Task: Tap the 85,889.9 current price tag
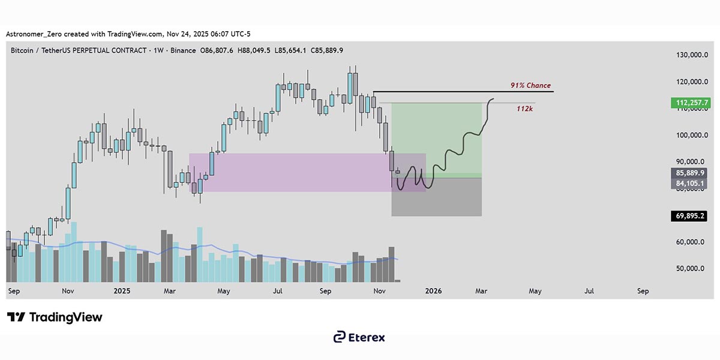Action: click(x=689, y=172)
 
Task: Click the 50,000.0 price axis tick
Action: click(x=688, y=269)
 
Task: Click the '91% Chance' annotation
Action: click(x=530, y=86)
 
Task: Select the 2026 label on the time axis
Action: click(x=433, y=291)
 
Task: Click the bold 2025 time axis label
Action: click(x=122, y=291)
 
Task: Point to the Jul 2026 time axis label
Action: click(x=589, y=291)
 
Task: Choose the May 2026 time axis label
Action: click(x=535, y=291)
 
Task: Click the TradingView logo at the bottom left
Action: click(x=55, y=317)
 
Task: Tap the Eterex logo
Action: click(x=359, y=337)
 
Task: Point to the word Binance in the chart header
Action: click(x=183, y=50)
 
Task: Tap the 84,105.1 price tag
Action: click(x=689, y=183)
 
